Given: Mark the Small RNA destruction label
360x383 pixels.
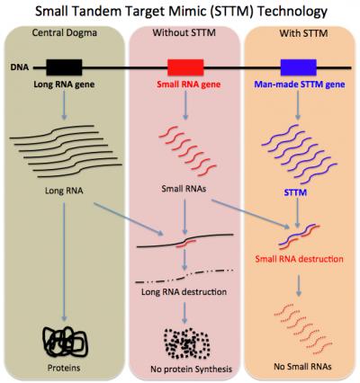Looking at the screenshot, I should (299, 257).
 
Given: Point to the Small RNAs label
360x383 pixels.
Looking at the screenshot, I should (183, 191).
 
